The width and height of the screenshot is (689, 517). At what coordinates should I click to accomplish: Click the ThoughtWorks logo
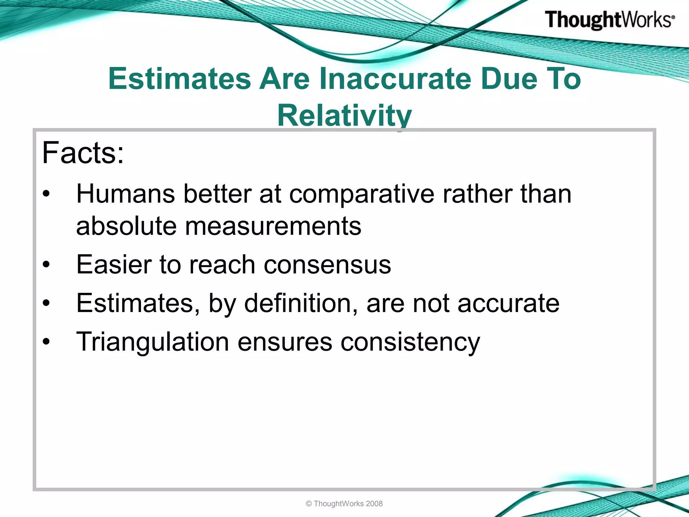click(609, 20)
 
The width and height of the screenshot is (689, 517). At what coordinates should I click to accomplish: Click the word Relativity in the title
click(344, 115)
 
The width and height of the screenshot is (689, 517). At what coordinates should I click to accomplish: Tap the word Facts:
click(83, 153)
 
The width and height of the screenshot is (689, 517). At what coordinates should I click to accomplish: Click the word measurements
click(273, 226)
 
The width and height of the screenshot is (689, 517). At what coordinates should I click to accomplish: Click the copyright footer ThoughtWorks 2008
click(344, 504)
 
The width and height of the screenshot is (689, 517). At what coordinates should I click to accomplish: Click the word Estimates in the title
click(180, 79)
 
